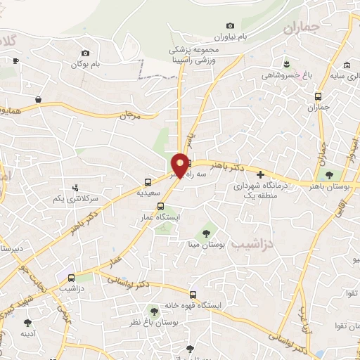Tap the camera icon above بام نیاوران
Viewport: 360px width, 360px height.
[x=231, y=25]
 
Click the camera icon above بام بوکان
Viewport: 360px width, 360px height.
[x=86, y=53]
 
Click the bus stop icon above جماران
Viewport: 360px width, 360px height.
[x=319, y=96]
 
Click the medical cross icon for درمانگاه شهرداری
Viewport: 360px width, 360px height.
[x=260, y=174]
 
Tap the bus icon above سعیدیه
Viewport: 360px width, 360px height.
[x=148, y=181]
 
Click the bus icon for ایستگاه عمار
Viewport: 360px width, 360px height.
[x=161, y=206]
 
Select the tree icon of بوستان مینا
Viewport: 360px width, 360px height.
[x=207, y=232]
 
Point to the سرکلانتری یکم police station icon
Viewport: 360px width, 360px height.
[x=75, y=188]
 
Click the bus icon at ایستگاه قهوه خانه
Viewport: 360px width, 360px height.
[x=193, y=295]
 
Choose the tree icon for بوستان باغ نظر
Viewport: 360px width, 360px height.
[x=153, y=310]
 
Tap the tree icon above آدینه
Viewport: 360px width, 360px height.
[x=27, y=323]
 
